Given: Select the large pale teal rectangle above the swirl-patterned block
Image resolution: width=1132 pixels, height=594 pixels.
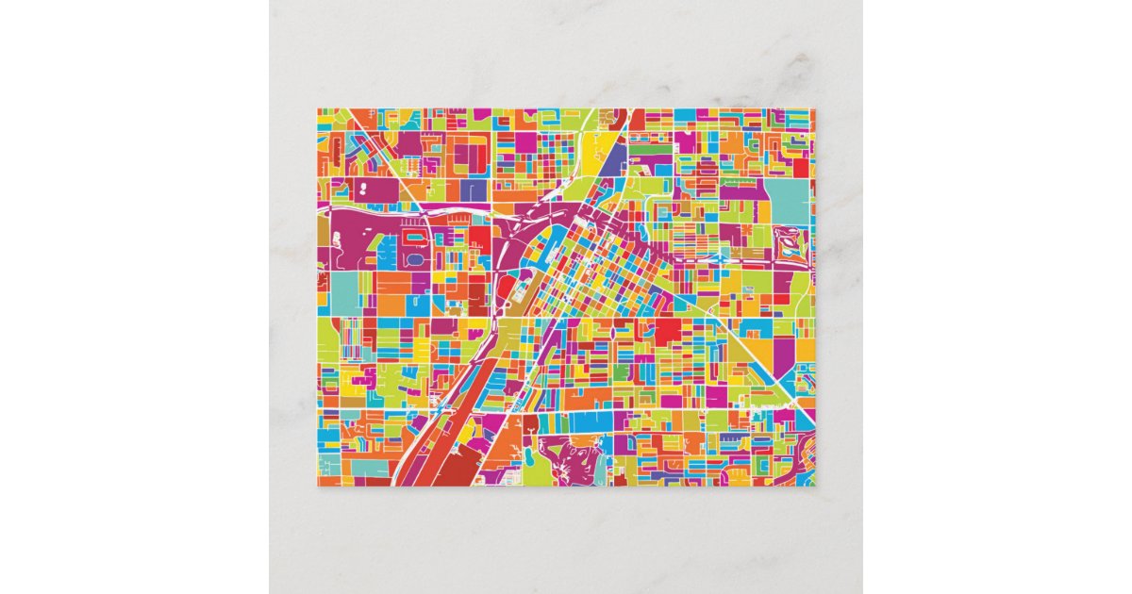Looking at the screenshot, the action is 788,201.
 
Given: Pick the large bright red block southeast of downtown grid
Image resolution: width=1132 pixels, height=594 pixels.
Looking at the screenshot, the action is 668,331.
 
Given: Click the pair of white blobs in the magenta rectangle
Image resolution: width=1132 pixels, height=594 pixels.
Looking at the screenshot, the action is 364,190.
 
